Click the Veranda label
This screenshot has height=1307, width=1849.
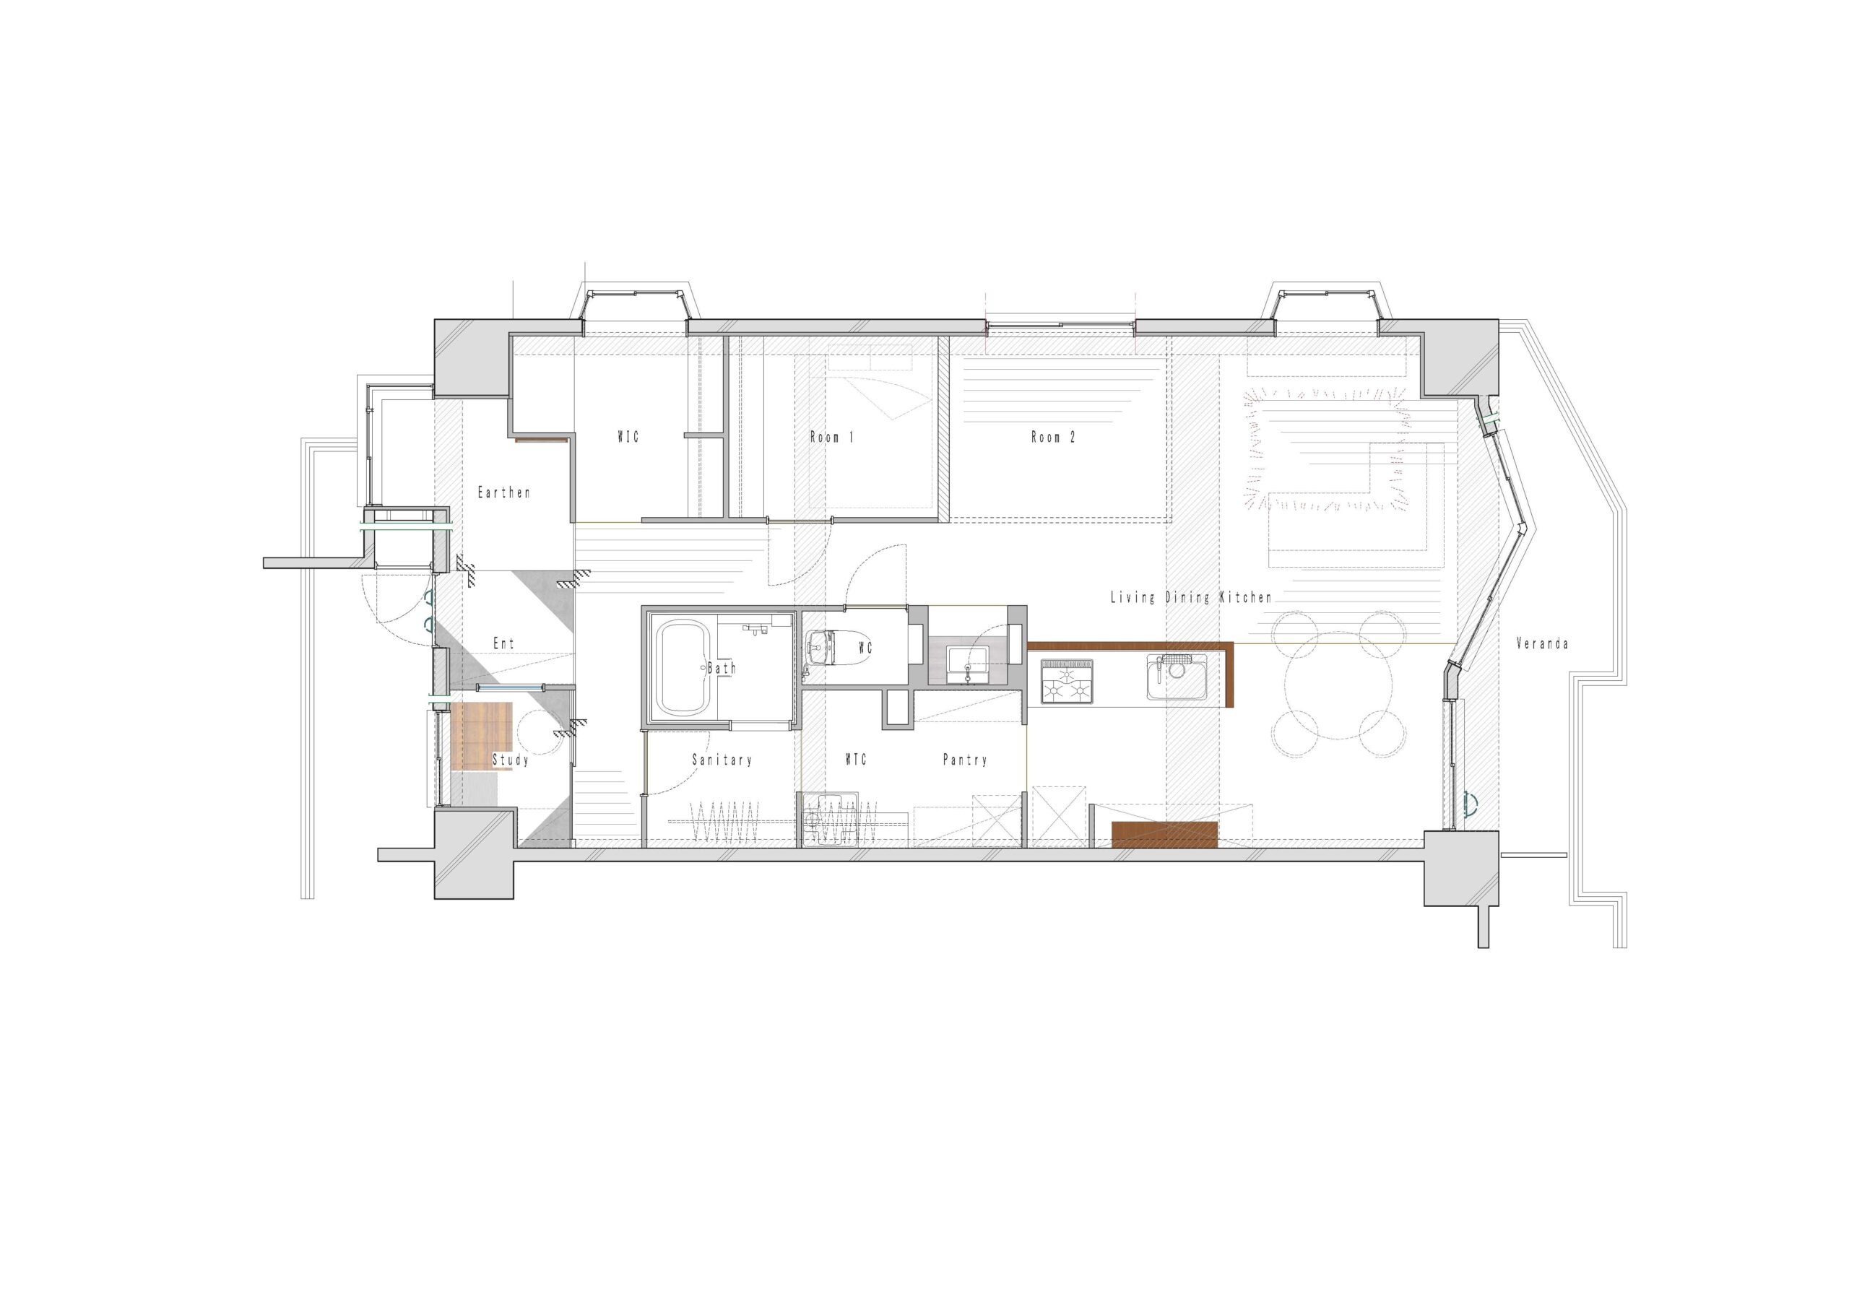coord(1541,643)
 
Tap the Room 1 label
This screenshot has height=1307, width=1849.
coord(831,438)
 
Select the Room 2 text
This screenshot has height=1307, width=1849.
coord(1052,438)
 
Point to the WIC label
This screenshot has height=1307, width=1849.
coord(628,438)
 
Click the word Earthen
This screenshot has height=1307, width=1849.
coord(504,492)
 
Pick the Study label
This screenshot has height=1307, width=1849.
coord(511,760)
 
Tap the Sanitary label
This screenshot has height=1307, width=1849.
coord(722,760)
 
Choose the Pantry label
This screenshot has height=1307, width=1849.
coord(965,760)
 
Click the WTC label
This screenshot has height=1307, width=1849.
coord(855,760)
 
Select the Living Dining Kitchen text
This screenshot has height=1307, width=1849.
coord(1191,597)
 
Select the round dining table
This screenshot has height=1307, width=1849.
coord(1338,686)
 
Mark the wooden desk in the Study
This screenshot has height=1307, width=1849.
coord(482,736)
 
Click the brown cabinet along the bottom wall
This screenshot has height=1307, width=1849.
coord(1164,835)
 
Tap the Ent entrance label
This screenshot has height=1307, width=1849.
coord(503,643)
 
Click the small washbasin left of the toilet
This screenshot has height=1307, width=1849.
coord(818,645)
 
